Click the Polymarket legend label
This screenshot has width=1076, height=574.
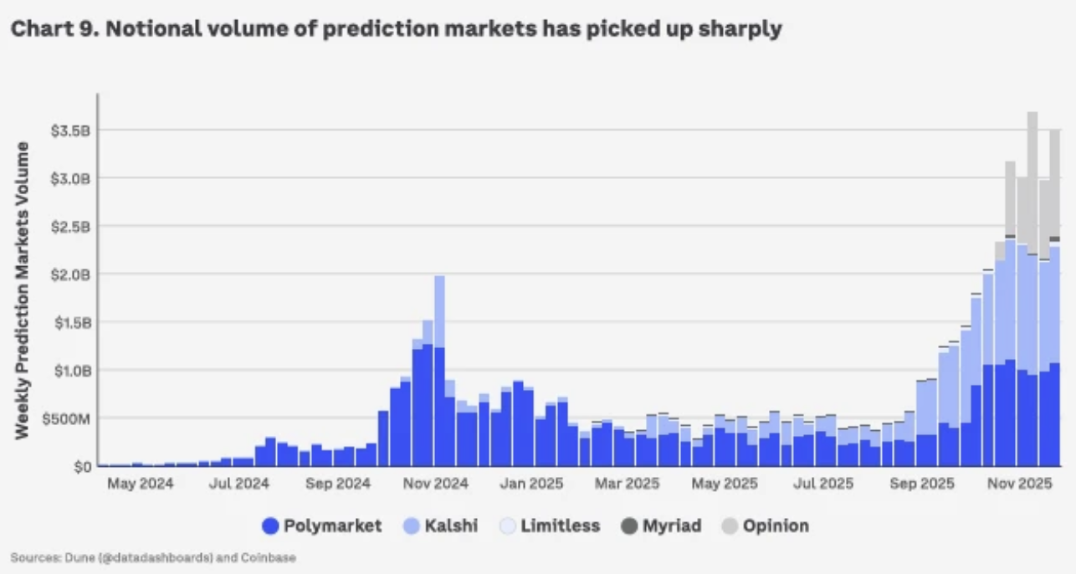[332, 526]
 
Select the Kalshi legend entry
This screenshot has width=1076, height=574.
[451, 526]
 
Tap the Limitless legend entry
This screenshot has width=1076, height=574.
[560, 526]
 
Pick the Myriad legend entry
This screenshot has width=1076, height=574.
[671, 526]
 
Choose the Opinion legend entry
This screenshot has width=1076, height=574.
[776, 526]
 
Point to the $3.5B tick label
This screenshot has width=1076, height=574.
[71, 131]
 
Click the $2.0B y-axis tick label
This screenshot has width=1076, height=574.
[71, 274]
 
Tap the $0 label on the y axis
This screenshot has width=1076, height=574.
[80, 466]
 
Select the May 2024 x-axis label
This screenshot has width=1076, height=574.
[139, 484]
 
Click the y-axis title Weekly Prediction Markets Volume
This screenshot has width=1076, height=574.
[23, 290]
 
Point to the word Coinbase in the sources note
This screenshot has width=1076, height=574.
[270, 556]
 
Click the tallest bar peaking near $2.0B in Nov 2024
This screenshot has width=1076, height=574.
[439, 368]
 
